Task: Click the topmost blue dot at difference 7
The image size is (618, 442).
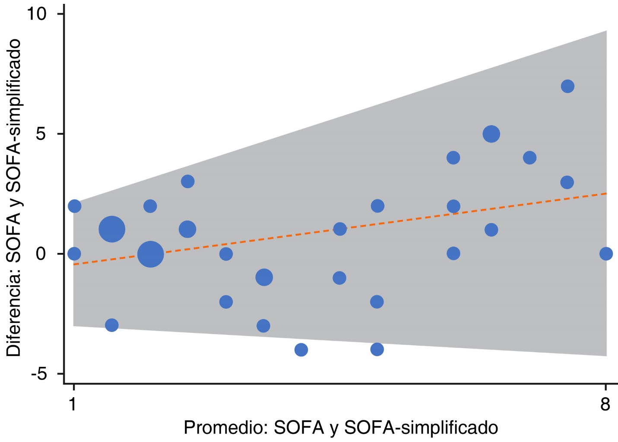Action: click(x=567, y=86)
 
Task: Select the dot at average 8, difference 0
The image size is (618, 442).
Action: click(x=606, y=254)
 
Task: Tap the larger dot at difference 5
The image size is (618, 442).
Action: click(x=491, y=134)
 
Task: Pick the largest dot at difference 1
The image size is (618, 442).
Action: click(x=112, y=229)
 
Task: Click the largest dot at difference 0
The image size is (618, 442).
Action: click(x=150, y=254)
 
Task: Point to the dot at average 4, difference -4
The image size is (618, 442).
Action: click(x=301, y=350)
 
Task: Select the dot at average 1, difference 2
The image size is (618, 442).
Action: click(x=74, y=206)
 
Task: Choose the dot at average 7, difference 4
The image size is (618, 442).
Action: click(x=529, y=158)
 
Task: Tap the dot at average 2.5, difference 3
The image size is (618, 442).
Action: click(x=187, y=181)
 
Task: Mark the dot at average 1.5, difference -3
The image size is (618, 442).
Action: click(x=112, y=325)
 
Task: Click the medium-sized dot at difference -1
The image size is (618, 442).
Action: click(x=264, y=277)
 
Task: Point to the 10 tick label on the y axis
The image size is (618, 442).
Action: click(x=36, y=14)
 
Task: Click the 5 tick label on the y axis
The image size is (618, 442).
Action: click(x=41, y=134)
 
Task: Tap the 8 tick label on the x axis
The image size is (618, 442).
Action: click(x=605, y=404)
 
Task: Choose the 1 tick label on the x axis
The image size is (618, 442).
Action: click(x=73, y=404)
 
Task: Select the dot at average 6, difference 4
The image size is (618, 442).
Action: click(x=453, y=158)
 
